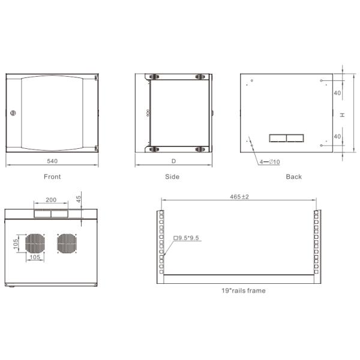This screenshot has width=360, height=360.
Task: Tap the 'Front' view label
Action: point(52,177)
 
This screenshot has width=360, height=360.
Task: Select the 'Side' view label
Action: point(172,177)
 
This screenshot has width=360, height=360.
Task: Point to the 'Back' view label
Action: point(294,177)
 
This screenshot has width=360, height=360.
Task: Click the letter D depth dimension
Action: point(174,161)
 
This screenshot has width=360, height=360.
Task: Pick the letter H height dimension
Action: point(341,115)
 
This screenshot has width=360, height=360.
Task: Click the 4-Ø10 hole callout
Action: point(271,161)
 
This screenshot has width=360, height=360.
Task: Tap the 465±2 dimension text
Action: point(239,197)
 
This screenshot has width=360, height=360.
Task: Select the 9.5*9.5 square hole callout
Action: point(186,238)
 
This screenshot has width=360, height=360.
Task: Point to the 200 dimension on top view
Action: point(51,199)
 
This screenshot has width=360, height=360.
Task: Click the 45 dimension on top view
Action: point(79,199)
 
